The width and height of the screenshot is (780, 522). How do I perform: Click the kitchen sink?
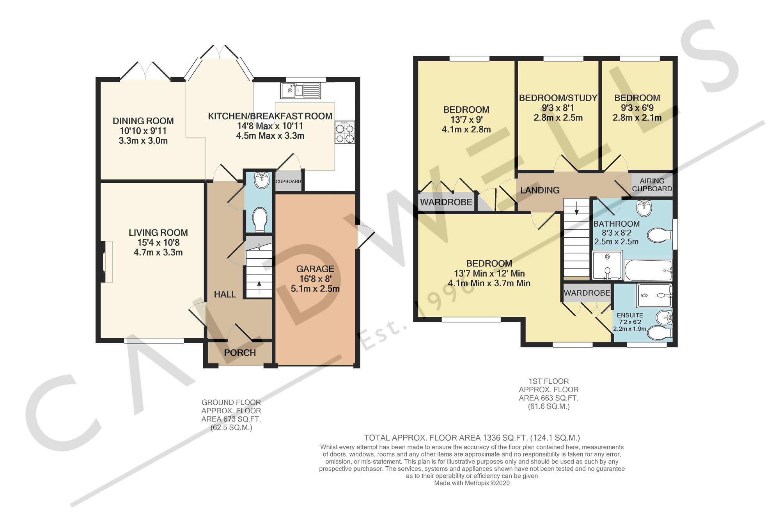pos(301,90)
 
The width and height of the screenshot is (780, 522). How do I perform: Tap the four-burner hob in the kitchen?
pos(345,132)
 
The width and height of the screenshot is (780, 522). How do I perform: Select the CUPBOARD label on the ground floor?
pos(288,182)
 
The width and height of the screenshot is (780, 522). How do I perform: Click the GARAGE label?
pos(315,269)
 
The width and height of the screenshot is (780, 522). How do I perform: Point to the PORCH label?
pos(240,353)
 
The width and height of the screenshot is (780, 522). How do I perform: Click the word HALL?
pos(225,295)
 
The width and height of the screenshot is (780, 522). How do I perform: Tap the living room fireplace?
pos(105,261)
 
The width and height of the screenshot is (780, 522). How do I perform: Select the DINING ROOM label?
pos(143,121)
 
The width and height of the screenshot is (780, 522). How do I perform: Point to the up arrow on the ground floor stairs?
pos(259,287)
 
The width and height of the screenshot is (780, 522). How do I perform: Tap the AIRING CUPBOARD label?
pos(652,185)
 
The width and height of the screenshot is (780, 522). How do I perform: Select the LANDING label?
pos(540,190)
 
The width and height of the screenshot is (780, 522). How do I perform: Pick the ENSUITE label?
pos(630,315)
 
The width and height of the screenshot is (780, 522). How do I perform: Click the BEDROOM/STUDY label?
pos(558,98)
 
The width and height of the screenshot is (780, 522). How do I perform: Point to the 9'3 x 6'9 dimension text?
pos(637,108)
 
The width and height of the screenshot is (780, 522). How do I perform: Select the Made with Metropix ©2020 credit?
pos(472,483)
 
